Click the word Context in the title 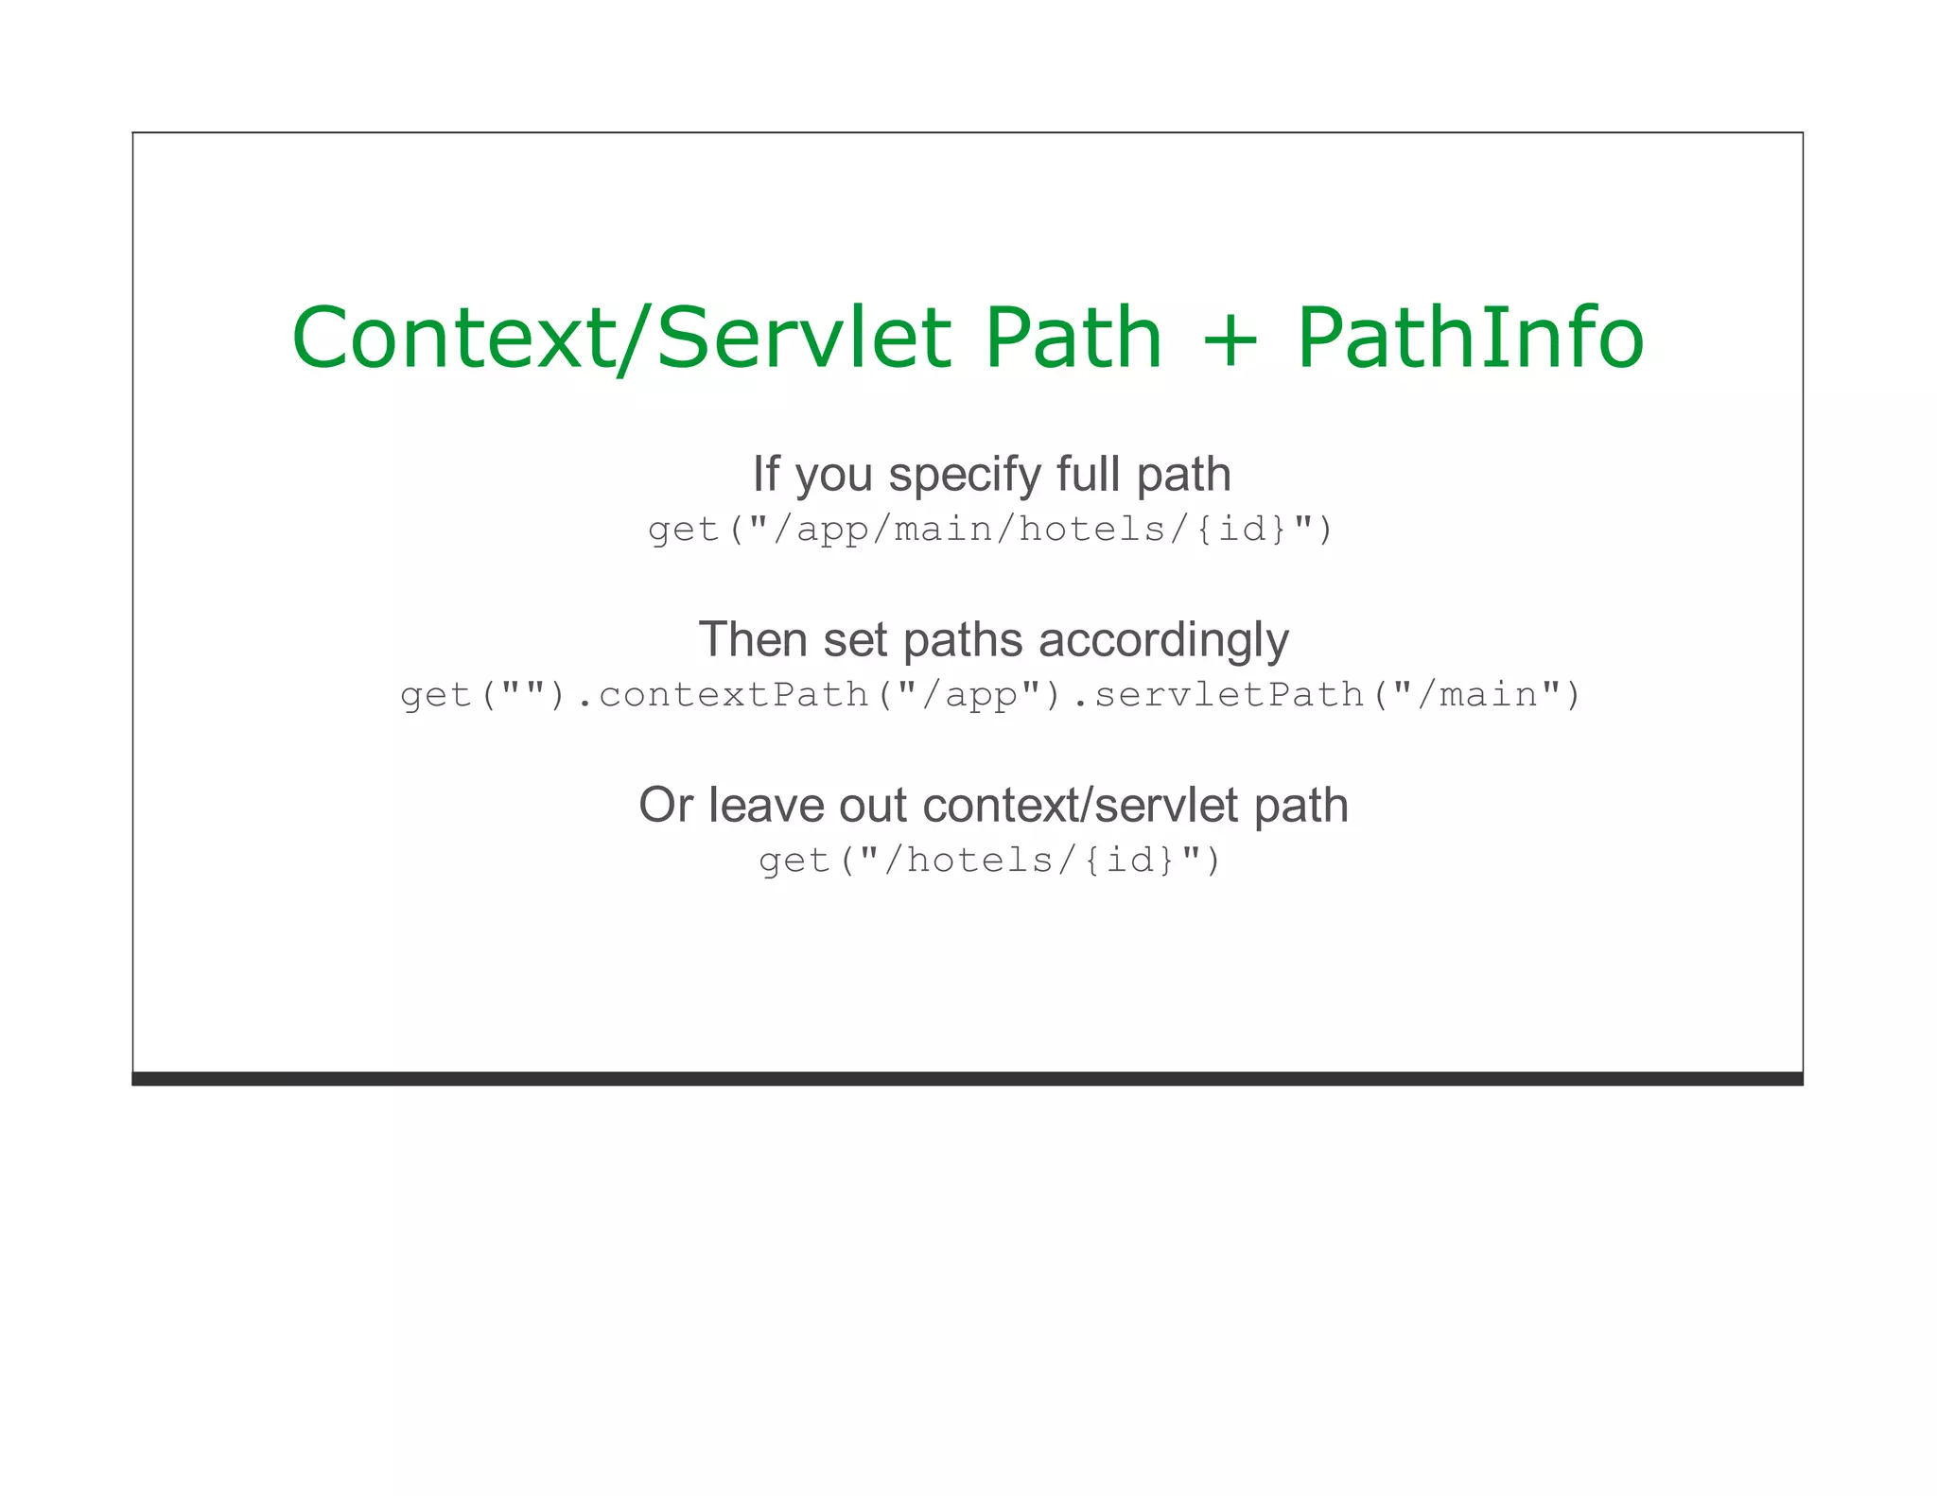coord(453,338)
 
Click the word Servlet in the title coord(803,338)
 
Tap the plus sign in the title coord(1230,339)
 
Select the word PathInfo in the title coord(1471,338)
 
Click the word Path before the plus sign coord(1073,338)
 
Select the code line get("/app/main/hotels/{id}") coord(990,530)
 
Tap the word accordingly coord(1163,641)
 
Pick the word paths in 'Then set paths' coord(962,641)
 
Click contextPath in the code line coord(733,695)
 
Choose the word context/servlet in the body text coord(1079,806)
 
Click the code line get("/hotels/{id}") coord(990,861)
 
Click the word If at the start coord(765,474)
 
